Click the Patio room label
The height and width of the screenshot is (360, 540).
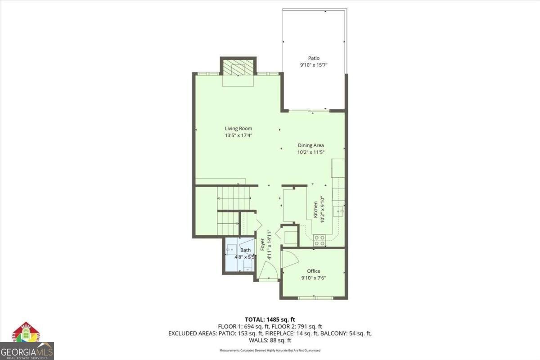tap(314, 58)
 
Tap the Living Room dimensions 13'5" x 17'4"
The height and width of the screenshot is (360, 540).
tap(238, 135)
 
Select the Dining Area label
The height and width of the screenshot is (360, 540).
tap(311, 145)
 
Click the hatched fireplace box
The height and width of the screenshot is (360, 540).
tap(238, 68)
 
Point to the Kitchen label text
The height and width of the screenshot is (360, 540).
tap(316, 209)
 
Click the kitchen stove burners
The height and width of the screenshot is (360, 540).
tap(319, 240)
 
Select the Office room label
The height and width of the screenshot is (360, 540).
tap(314, 271)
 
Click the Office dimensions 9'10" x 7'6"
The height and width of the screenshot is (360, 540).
tap(313, 278)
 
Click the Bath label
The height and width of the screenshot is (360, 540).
tap(245, 250)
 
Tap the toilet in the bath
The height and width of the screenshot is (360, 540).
tap(247, 267)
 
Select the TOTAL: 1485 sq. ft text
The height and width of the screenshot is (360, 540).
tap(270, 319)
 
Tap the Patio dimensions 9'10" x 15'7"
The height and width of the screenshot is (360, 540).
tap(314, 65)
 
